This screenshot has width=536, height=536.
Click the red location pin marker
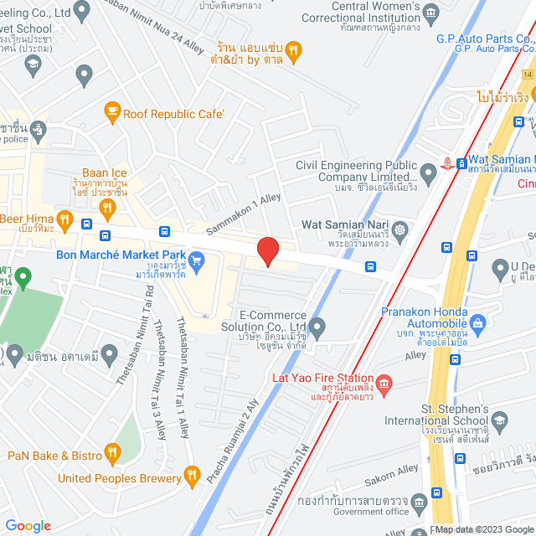267,250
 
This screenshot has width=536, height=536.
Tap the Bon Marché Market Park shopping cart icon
197,260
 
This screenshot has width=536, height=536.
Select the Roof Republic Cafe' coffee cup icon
112,111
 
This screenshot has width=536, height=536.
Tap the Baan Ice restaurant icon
107,207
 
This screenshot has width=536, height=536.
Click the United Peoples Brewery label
119,478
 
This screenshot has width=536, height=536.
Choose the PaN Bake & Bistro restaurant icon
112,455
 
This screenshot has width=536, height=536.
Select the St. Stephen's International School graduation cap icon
499,420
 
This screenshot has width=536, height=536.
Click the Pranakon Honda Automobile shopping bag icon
478,322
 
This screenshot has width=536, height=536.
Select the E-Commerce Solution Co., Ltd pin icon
317,327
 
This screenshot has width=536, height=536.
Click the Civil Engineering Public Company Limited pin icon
429,175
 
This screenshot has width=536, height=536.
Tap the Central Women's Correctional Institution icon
430,12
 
